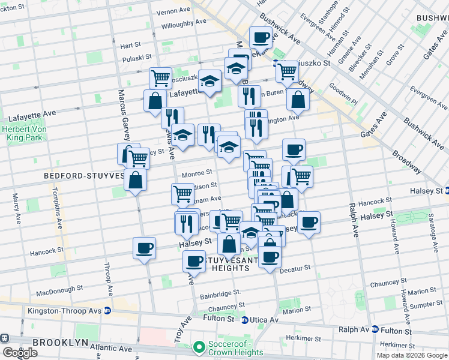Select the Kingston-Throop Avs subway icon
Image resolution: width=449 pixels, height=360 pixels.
tap(107, 311)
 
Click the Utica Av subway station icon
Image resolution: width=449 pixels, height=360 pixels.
tap(245, 320)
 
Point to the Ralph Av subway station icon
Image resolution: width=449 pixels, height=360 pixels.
tap(375, 329)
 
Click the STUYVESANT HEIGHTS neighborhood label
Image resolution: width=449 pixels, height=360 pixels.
tap(231, 264)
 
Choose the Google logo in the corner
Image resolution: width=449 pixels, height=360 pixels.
tap(20, 353)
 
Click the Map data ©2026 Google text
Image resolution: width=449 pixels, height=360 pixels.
tap(411, 355)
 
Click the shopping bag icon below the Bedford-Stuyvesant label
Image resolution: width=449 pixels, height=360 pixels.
tap(136, 180)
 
